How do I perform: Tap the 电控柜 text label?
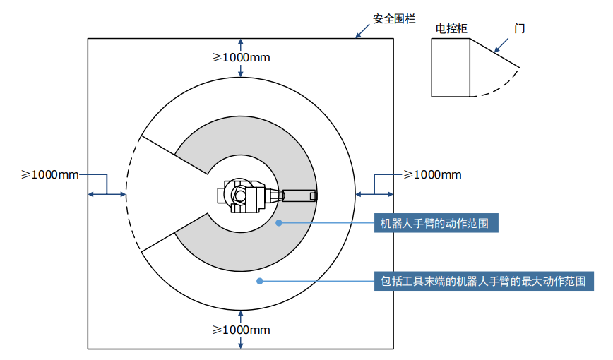pos(451,29)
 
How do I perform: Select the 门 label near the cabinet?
pos(520,29)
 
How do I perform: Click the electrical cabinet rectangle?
pos(451,67)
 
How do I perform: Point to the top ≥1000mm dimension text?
pos(242,57)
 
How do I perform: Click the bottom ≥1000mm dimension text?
pos(242,330)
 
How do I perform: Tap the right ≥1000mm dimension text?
pos(432,174)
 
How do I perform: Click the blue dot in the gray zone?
pos(279,223)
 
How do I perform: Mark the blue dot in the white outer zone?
pos(259,281)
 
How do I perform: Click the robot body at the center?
pos(244,196)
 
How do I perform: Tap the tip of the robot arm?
pos(313,196)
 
